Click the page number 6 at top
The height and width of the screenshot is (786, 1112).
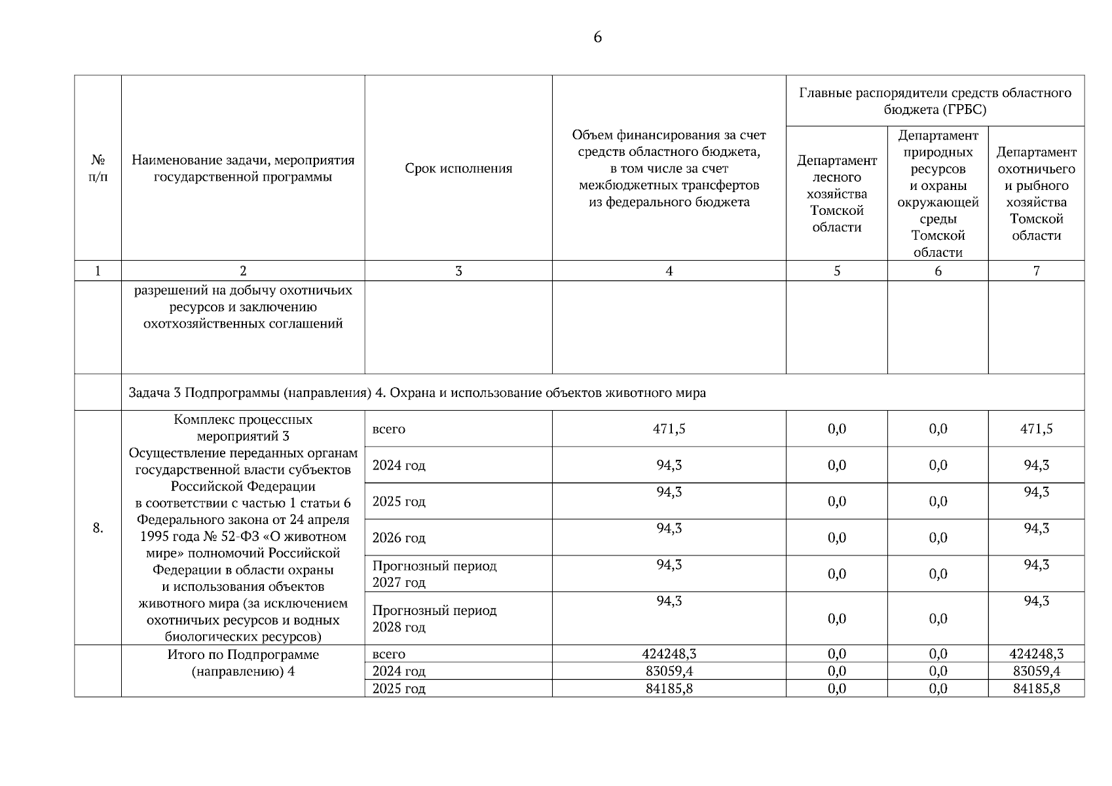(x=597, y=37)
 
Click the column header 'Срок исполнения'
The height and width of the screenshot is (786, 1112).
(x=458, y=168)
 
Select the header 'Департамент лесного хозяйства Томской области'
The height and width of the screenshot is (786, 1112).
(x=836, y=194)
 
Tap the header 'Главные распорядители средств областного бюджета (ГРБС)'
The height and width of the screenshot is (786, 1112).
(x=935, y=101)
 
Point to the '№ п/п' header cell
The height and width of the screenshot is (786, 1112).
(x=98, y=168)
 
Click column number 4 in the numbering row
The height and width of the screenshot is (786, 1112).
(x=669, y=271)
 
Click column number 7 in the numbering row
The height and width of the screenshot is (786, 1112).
(x=1036, y=271)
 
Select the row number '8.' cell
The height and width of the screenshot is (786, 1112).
(x=98, y=528)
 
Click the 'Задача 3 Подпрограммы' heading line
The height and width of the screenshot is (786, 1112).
(x=417, y=393)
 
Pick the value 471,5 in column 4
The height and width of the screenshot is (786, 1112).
(x=669, y=429)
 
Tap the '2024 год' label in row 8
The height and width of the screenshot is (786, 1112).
(x=399, y=466)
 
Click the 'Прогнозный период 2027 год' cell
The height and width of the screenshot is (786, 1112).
(x=434, y=574)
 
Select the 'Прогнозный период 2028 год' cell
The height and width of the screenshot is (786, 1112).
(x=434, y=618)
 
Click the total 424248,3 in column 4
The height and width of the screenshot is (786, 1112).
(x=669, y=654)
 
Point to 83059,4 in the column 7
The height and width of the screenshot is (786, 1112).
(x=1036, y=671)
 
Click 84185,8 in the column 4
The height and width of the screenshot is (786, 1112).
(x=669, y=688)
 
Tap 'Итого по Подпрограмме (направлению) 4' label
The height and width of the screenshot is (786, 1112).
(x=243, y=663)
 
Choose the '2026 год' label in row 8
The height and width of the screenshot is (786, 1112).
(x=399, y=538)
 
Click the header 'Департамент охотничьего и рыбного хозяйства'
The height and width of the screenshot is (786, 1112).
(x=1036, y=194)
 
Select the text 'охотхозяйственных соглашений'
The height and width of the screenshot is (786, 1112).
(x=243, y=324)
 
